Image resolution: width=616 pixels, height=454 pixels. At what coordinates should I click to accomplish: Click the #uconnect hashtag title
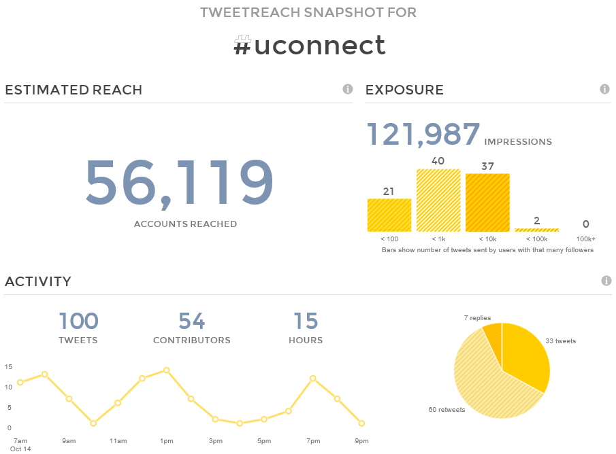click(309, 46)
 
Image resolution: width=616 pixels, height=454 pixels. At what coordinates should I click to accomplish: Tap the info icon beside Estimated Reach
click(347, 89)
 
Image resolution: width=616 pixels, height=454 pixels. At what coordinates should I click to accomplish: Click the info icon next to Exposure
click(604, 89)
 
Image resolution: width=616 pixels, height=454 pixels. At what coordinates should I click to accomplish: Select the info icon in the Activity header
click(606, 281)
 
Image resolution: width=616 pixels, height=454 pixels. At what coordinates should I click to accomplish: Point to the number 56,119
click(179, 183)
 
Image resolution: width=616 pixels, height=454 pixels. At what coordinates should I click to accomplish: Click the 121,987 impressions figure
click(423, 134)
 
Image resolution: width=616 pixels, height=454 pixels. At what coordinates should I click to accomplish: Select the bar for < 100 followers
click(389, 215)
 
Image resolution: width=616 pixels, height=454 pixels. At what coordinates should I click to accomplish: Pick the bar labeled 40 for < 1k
click(438, 200)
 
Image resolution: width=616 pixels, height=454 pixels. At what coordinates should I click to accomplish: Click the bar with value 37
click(487, 203)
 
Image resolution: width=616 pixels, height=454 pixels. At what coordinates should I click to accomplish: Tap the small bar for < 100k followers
click(536, 230)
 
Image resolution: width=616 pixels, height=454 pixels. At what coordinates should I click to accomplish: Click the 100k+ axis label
click(585, 239)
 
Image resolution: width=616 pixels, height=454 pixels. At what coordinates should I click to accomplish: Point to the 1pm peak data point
click(166, 370)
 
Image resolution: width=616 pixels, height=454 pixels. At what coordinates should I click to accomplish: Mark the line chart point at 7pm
click(312, 378)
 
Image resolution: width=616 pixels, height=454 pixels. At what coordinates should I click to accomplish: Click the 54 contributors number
click(191, 321)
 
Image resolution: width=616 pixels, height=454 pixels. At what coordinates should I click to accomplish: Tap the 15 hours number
click(306, 321)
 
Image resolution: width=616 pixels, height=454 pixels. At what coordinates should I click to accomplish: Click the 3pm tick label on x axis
click(215, 441)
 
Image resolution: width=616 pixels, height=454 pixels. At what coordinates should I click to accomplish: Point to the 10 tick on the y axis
click(8, 387)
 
